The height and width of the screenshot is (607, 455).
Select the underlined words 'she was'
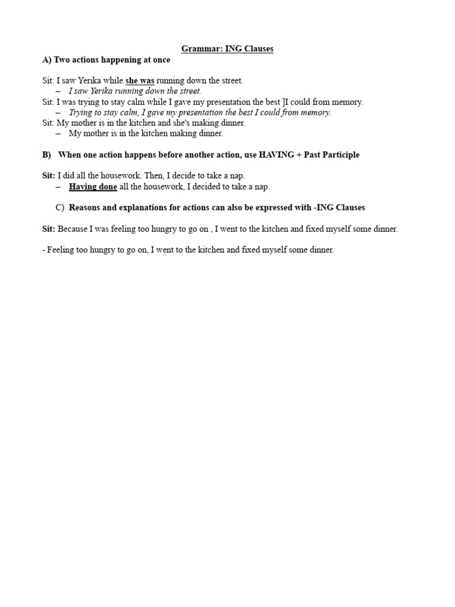(x=140, y=81)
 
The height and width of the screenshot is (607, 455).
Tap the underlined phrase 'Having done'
(x=93, y=187)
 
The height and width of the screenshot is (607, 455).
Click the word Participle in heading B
(x=340, y=155)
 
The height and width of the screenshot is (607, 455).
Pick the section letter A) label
(x=47, y=60)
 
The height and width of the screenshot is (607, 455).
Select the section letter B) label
(x=47, y=155)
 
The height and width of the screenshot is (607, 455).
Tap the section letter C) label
(x=59, y=207)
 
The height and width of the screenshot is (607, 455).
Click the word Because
(x=76, y=229)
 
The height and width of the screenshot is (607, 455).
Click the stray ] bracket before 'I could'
(x=284, y=102)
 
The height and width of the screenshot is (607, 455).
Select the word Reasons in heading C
(x=86, y=207)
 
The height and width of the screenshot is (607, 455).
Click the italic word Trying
(x=81, y=113)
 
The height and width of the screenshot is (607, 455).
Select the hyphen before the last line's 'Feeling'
(x=44, y=250)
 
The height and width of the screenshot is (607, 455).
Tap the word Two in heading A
(x=62, y=60)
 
